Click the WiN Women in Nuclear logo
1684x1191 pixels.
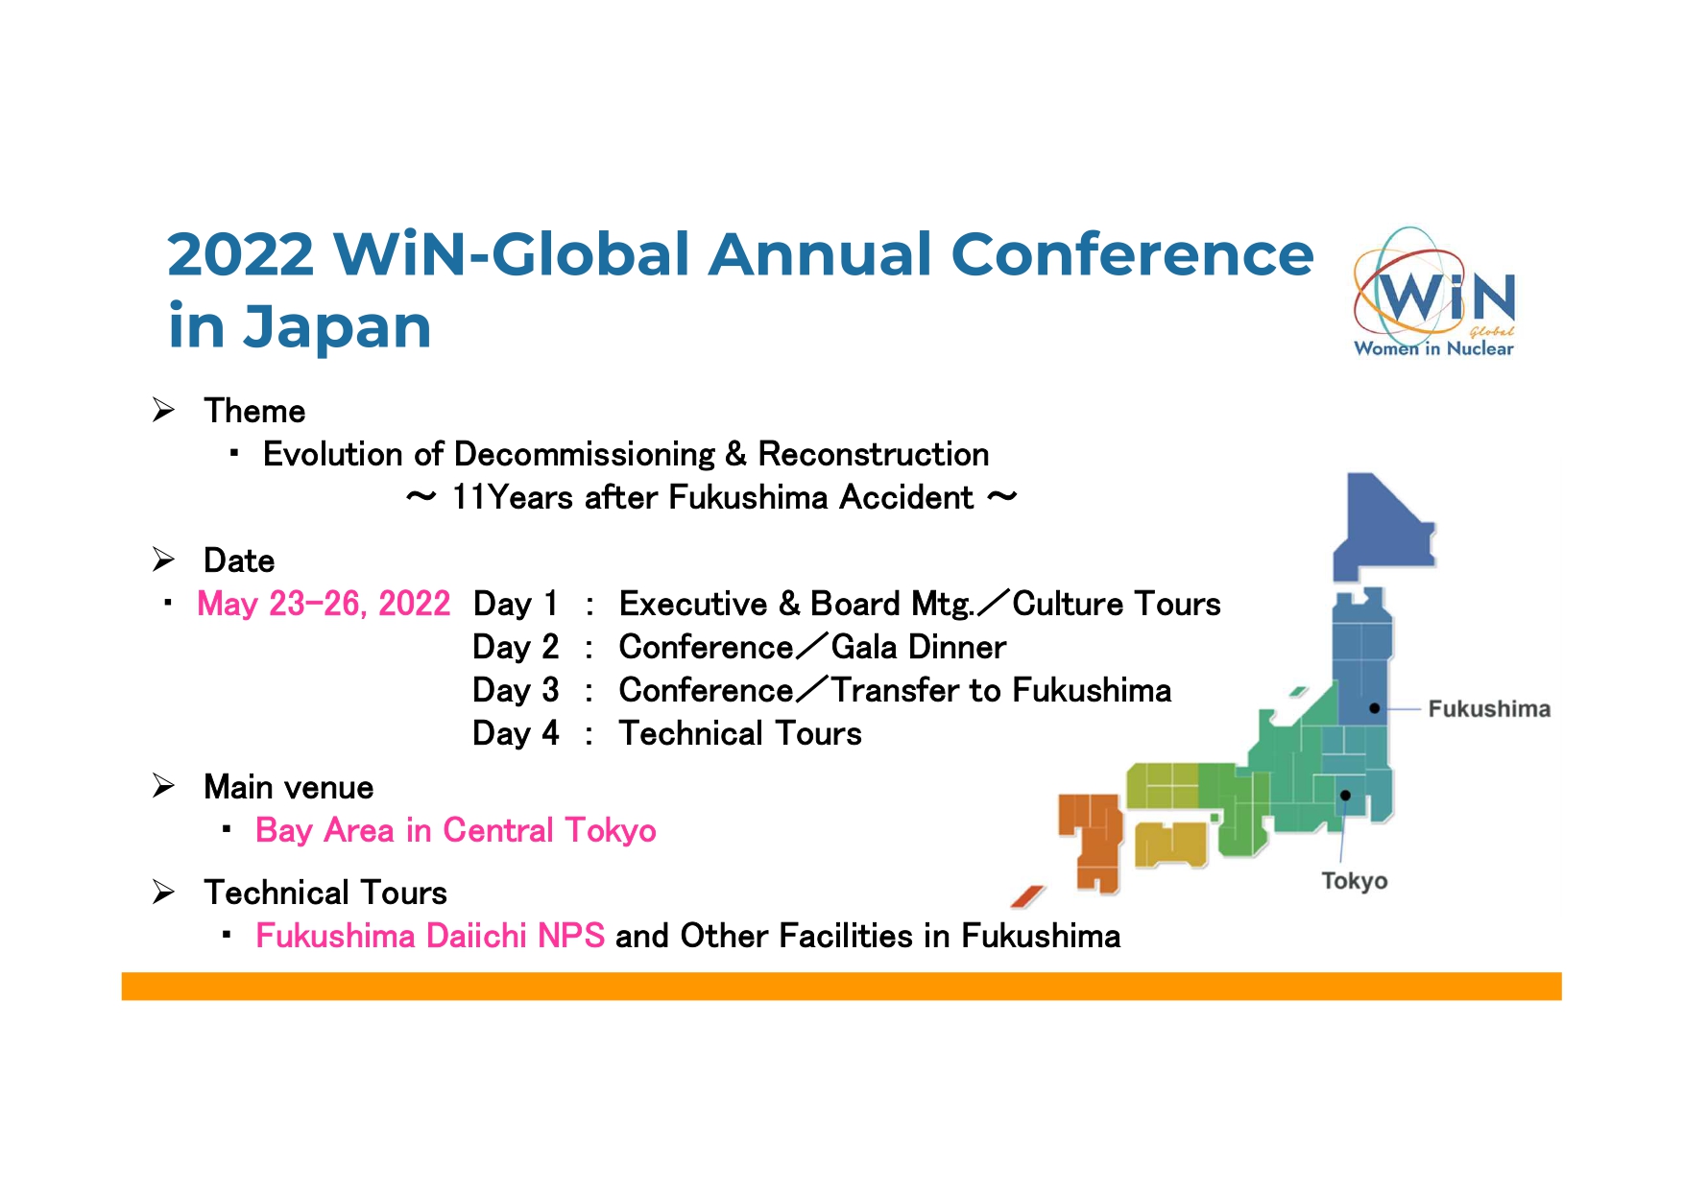(x=1433, y=293)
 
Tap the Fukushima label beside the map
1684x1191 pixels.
(x=1489, y=709)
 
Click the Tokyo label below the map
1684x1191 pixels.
(x=1354, y=881)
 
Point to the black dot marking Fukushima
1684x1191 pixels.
(x=1375, y=708)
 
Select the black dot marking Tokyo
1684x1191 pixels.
(x=1345, y=796)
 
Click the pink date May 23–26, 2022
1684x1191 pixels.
(x=324, y=604)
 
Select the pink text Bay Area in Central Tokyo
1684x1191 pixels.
(x=456, y=830)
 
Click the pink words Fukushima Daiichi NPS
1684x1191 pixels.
(x=430, y=936)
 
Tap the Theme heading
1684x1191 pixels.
(x=254, y=411)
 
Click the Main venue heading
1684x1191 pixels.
(x=289, y=787)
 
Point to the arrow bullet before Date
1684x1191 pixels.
(x=163, y=560)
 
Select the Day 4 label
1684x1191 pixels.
(x=516, y=733)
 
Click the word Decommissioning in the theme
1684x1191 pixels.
(x=585, y=454)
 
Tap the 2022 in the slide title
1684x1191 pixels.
(x=241, y=254)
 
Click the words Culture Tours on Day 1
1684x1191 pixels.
(x=1117, y=604)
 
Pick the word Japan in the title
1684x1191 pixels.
(x=337, y=328)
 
